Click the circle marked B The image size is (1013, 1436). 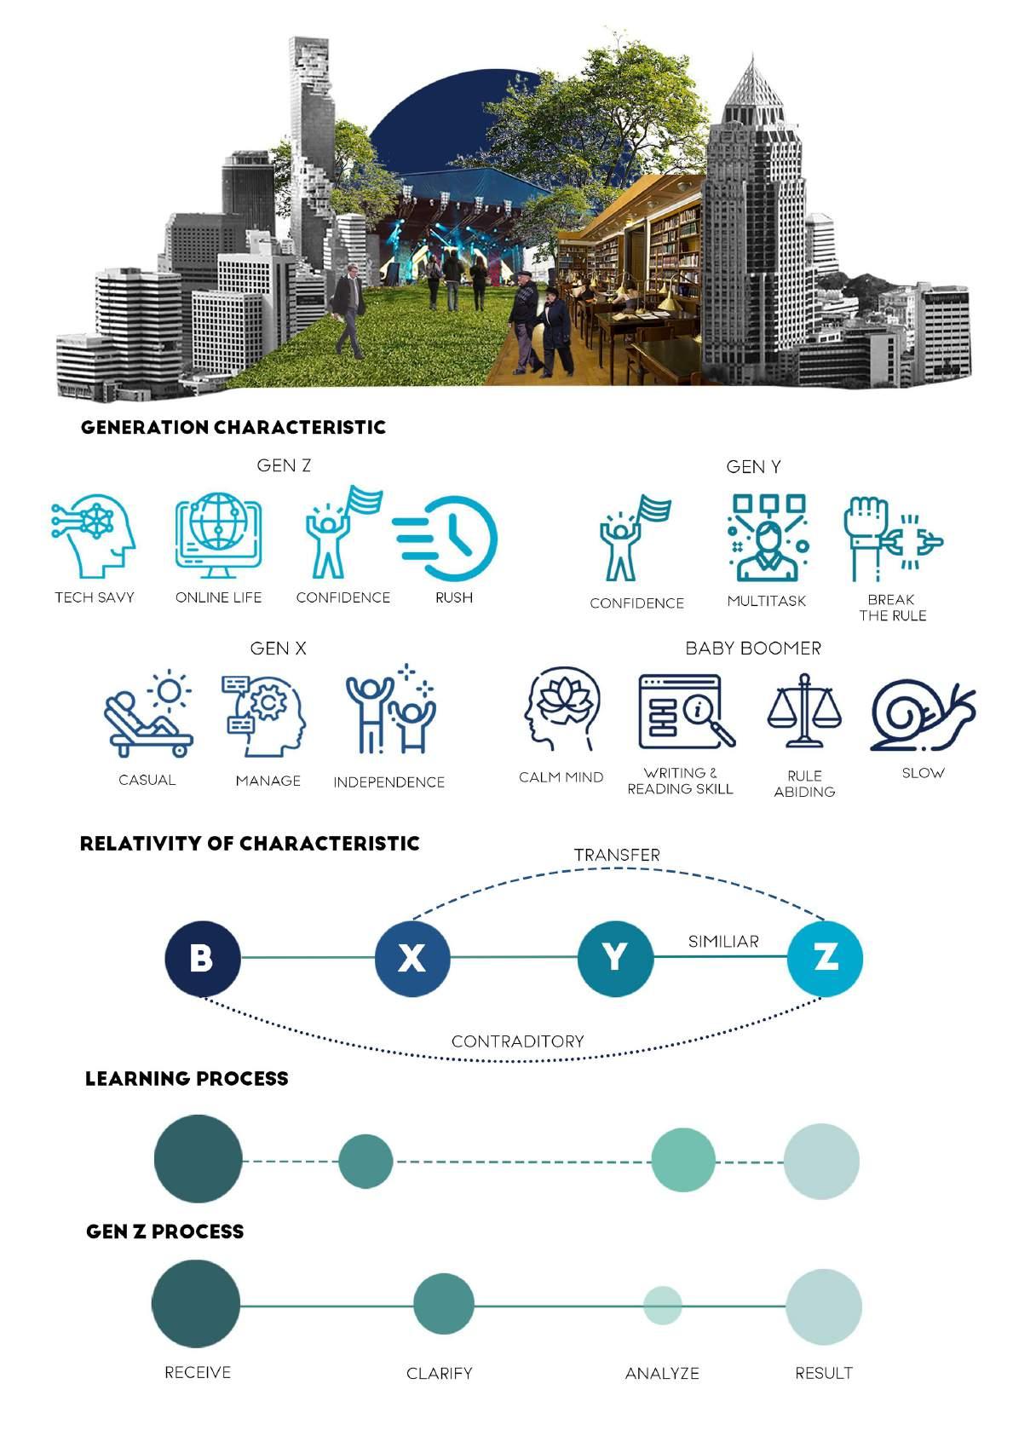(x=202, y=958)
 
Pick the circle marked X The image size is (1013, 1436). (x=412, y=958)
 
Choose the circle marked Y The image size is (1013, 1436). (x=615, y=958)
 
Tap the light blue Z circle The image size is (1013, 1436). (x=825, y=958)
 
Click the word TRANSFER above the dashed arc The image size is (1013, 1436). (x=617, y=855)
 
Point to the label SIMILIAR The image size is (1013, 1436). (x=723, y=942)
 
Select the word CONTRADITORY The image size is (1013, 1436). (x=517, y=1041)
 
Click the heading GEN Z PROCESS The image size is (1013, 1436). (x=165, y=1231)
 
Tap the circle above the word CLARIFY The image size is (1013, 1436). (x=443, y=1304)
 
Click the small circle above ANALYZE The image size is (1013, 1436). (x=662, y=1305)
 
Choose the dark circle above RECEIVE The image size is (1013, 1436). (x=196, y=1304)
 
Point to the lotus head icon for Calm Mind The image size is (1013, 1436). (x=561, y=709)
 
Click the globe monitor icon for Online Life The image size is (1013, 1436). (x=218, y=534)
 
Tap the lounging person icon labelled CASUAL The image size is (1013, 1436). (x=148, y=714)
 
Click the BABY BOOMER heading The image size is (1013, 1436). (x=753, y=649)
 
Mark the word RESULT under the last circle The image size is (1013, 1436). (x=823, y=1373)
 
